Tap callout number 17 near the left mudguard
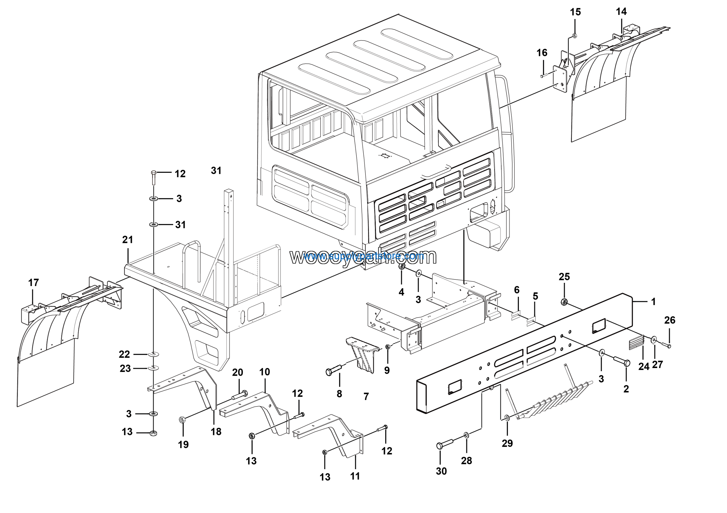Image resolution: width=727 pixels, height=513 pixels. point(34,282)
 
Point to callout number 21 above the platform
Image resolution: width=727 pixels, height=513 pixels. point(128,240)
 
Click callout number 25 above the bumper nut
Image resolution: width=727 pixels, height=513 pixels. point(564,277)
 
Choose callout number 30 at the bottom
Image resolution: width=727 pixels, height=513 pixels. point(441,471)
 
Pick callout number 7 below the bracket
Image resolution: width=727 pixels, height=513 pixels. point(366,397)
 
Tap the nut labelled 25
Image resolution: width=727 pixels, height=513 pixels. point(564,302)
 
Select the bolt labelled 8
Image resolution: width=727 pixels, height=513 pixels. point(334,371)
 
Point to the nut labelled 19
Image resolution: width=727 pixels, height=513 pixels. point(182,420)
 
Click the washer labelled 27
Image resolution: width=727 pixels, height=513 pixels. point(653,340)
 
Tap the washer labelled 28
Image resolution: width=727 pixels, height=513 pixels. point(466,435)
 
